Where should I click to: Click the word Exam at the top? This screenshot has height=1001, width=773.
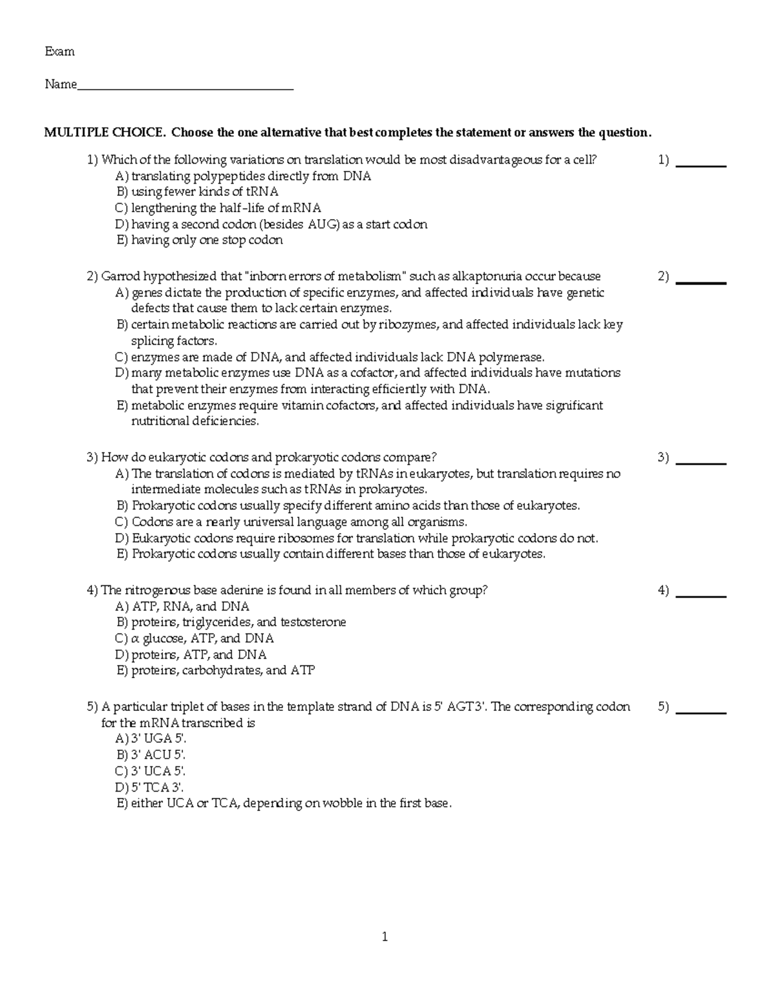tap(59, 52)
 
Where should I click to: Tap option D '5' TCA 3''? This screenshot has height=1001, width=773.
tap(158, 788)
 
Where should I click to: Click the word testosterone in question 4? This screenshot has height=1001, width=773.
tap(313, 623)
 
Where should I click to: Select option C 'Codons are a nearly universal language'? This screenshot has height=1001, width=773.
tap(299, 522)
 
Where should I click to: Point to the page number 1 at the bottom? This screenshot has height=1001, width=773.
tap(385, 937)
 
